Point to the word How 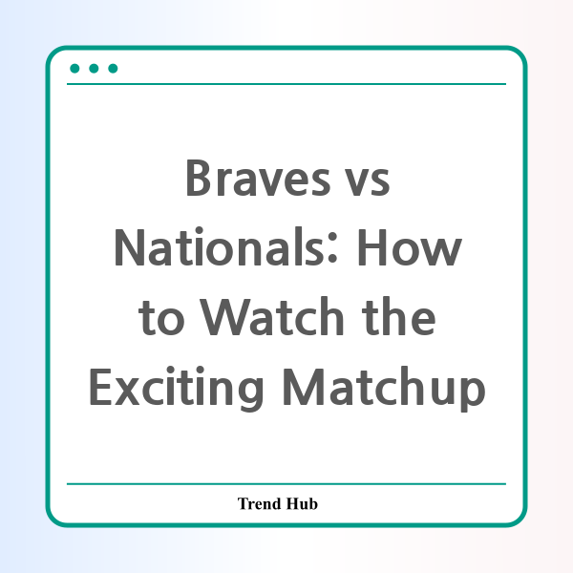pos(410,247)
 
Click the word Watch pos(272,316)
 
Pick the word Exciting pos(176,390)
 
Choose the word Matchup pos(385,389)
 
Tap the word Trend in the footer pos(260,503)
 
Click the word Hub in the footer pos(302,503)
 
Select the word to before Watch pos(161,318)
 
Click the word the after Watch pos(398,316)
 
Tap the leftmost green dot pos(74,69)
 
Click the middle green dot pos(94,69)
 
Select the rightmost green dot pos(113,69)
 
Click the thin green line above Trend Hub pos(286,484)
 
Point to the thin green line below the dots pos(286,84)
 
